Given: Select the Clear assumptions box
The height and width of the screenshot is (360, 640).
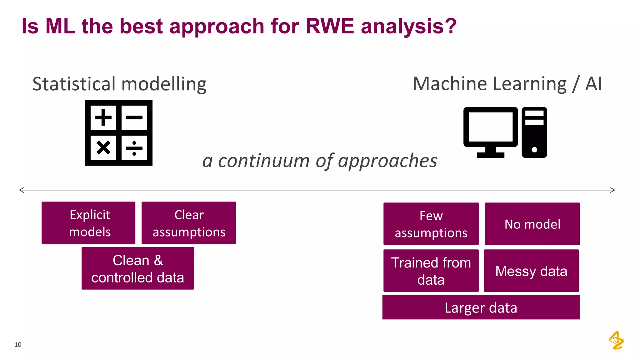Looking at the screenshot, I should tap(189, 223).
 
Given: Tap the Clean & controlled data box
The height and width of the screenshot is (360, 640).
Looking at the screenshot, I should tap(138, 268).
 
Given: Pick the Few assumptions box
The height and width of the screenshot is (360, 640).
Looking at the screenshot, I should tap(431, 224).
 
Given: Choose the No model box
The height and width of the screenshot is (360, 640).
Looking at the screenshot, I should tap(532, 224).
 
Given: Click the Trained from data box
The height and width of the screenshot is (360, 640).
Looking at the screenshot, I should tap(431, 271).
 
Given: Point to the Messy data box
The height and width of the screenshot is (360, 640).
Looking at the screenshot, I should tap(531, 271).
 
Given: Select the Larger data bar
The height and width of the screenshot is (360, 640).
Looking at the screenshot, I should tap(481, 307).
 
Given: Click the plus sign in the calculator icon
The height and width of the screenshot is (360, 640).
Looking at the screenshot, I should tap(103, 117).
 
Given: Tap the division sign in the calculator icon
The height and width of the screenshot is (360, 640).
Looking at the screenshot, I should tap(134, 148).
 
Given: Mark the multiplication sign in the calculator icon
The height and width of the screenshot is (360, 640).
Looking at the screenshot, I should tap(103, 148).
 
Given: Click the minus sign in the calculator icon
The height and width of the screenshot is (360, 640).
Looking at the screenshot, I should tap(134, 117).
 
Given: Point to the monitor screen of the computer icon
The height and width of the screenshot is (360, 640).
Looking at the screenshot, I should tap(491, 127).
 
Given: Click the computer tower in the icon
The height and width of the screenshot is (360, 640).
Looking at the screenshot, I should tap(534, 132).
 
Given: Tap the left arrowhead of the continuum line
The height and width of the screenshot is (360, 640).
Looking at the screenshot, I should tap(21, 190).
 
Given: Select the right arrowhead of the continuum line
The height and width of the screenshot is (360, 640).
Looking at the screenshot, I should tap(613, 190).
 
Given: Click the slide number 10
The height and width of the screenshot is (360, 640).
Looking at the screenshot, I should tap(18, 344).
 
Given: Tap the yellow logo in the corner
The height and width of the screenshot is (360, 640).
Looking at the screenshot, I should tap(616, 340).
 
